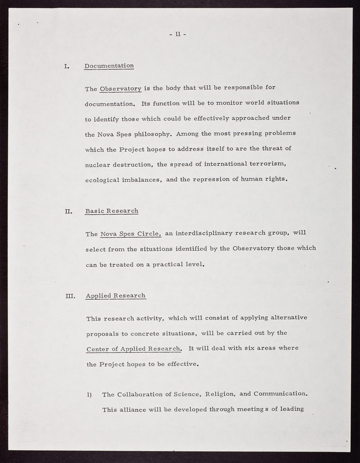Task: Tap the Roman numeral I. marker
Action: (x=66, y=65)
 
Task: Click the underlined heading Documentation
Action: (x=109, y=65)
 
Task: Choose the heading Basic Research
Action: (x=112, y=211)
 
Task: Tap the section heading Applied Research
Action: (x=115, y=296)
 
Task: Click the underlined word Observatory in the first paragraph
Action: (x=120, y=89)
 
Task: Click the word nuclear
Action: (x=101, y=164)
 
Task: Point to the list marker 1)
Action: (x=90, y=395)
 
